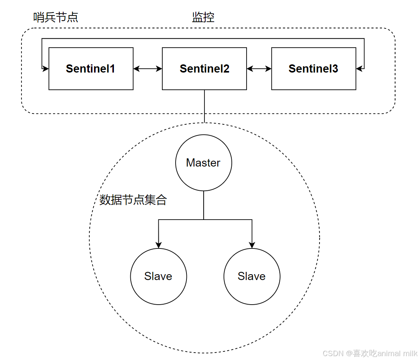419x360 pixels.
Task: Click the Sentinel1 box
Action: click(91, 69)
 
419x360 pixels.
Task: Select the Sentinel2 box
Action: click(204, 69)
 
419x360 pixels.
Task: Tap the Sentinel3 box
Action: click(313, 69)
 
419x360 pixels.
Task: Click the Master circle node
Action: click(204, 163)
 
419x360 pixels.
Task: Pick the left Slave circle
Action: click(158, 277)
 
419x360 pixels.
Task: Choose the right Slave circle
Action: click(252, 277)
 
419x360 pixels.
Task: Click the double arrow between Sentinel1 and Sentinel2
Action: click(147, 69)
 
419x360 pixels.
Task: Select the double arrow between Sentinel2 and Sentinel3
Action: click(259, 69)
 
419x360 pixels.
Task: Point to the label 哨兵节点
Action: click(56, 17)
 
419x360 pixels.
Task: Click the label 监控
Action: click(203, 17)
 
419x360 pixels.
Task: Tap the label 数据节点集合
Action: click(133, 200)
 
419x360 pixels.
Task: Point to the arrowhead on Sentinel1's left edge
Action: click(46, 69)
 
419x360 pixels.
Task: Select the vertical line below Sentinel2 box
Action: click(204, 106)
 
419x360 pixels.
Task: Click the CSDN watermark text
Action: click(332, 353)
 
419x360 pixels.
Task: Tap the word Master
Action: click(203, 163)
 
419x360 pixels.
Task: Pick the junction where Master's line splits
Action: click(204, 220)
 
